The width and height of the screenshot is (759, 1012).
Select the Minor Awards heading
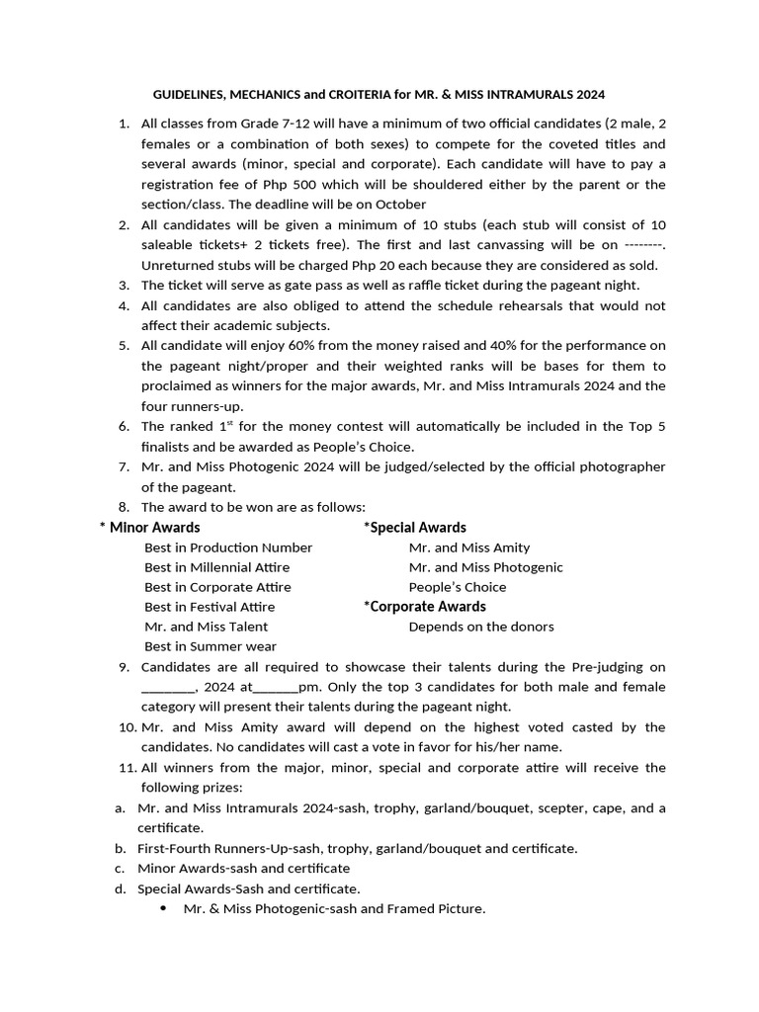(x=154, y=528)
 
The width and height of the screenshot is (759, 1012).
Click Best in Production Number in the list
(x=228, y=548)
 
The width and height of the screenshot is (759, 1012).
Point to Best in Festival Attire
(x=210, y=607)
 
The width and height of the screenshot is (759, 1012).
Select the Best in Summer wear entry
(x=211, y=646)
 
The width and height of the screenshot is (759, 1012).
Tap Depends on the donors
(x=481, y=627)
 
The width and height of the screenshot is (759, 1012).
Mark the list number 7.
(x=124, y=466)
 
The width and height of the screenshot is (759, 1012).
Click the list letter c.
(x=119, y=869)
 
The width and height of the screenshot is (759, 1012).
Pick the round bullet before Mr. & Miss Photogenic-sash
(x=162, y=908)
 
